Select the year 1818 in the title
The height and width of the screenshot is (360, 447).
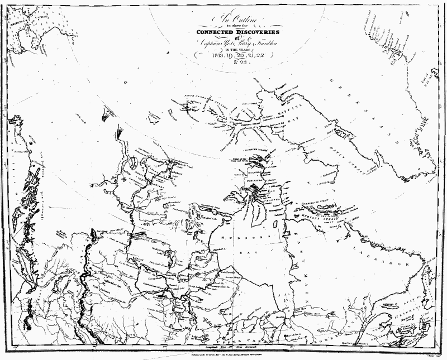click(213, 56)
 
